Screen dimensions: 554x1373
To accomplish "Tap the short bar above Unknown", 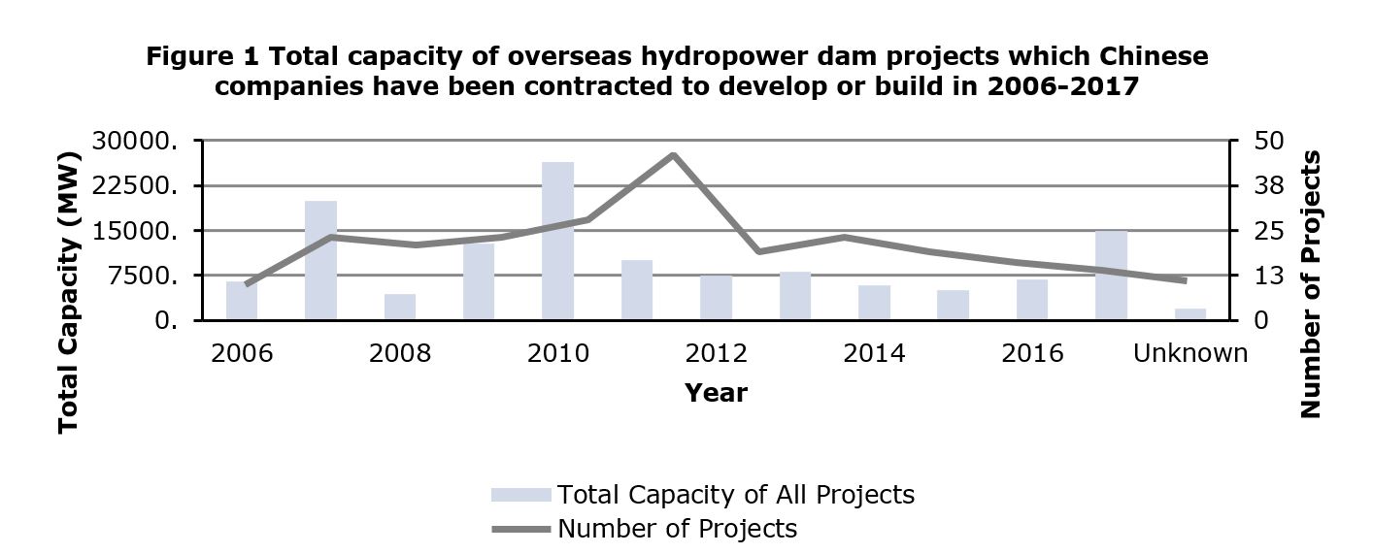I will click(x=1190, y=314).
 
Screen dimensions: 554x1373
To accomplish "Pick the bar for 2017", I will click(x=1111, y=276).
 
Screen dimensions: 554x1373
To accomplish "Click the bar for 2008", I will click(x=399, y=307).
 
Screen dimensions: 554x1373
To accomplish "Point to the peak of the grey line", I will click(x=672, y=154).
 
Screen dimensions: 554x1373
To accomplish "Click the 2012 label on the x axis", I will click(x=717, y=352).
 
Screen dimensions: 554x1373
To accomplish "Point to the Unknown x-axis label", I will click(x=1190, y=352).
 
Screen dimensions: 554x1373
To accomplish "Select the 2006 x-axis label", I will click(x=242, y=352).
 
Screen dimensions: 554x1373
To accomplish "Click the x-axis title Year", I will click(x=716, y=392).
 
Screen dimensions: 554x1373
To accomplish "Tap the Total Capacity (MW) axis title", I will click(x=67, y=292).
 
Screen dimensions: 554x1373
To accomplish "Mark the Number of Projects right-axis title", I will click(x=1311, y=284).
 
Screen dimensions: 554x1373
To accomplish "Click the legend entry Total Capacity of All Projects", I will click(x=735, y=495).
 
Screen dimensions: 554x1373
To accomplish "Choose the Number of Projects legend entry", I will click(x=677, y=529).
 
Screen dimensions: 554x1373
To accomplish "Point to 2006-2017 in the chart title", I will click(x=1061, y=85).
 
